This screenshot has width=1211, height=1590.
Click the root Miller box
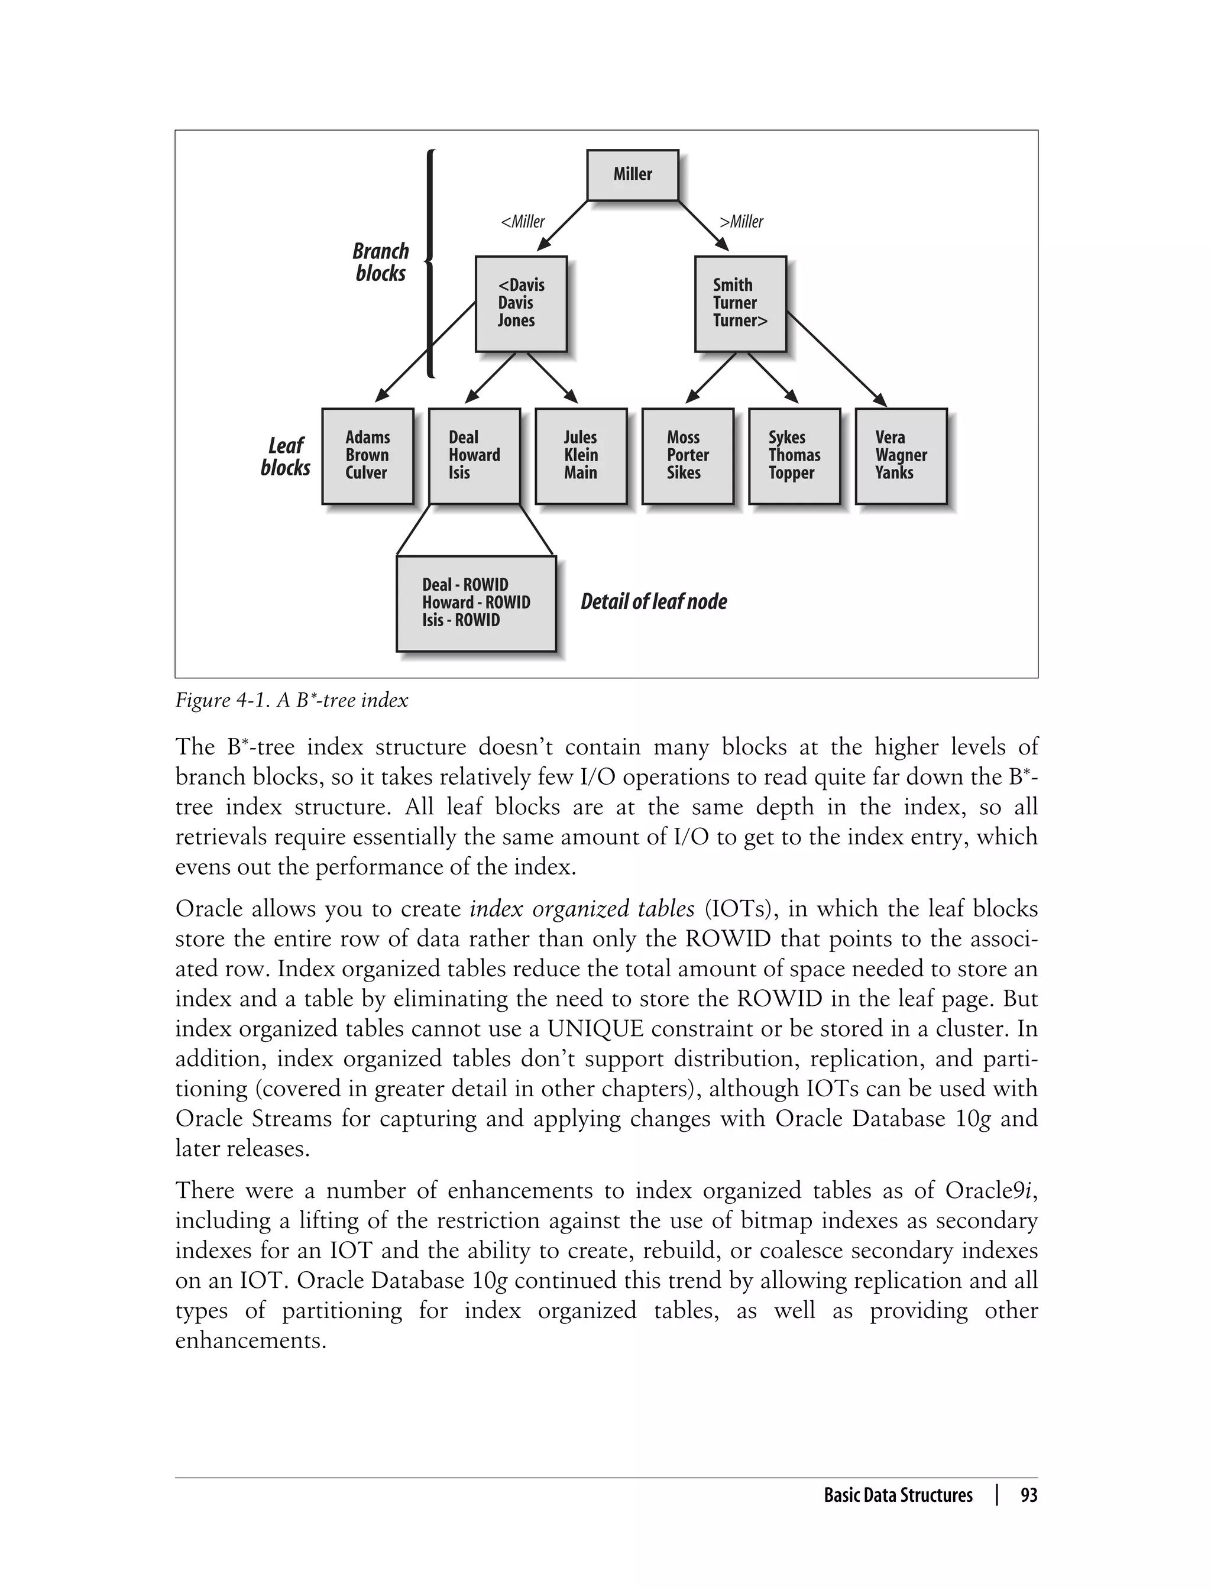[x=632, y=175]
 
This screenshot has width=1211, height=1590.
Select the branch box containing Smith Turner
[x=740, y=303]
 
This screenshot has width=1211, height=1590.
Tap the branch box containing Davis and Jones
[x=520, y=303]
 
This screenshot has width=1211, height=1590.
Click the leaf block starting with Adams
[x=368, y=455]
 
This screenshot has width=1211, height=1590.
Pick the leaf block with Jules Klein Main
[x=581, y=455]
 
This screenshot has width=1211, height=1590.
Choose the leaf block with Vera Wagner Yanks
[x=901, y=455]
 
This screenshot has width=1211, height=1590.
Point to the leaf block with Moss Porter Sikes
[x=688, y=455]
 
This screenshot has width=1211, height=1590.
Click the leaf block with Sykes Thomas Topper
[x=794, y=455]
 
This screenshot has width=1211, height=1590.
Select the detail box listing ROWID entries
[x=476, y=603]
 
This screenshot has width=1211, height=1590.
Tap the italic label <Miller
[x=523, y=222]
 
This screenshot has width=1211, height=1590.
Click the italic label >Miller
[x=741, y=222]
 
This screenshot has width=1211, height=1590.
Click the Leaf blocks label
[x=286, y=457]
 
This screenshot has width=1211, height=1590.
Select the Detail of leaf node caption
[x=654, y=602]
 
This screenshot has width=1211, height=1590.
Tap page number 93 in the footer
[x=1029, y=1495]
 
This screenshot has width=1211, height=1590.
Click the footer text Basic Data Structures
[x=898, y=1495]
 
